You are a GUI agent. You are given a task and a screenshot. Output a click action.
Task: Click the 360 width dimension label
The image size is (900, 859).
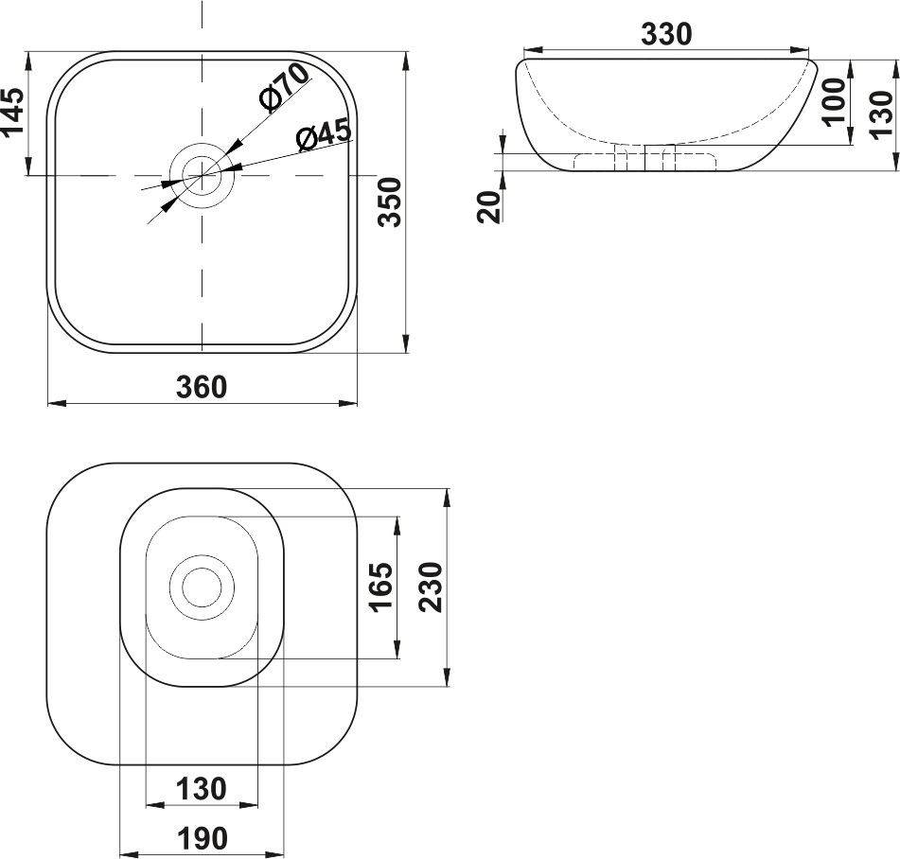202,387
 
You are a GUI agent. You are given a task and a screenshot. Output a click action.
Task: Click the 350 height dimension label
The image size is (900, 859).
392,202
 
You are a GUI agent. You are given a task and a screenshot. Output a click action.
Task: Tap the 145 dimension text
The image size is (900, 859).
13,112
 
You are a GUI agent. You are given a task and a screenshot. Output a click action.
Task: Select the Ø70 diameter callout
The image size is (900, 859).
284,87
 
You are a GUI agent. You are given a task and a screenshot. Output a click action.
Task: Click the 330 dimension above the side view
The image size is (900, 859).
666,34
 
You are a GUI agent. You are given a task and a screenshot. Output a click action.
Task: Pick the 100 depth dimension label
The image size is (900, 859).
834,101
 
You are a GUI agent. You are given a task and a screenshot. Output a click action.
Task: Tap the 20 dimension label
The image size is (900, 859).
489,206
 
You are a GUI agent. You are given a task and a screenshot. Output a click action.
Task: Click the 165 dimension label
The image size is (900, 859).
381,587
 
